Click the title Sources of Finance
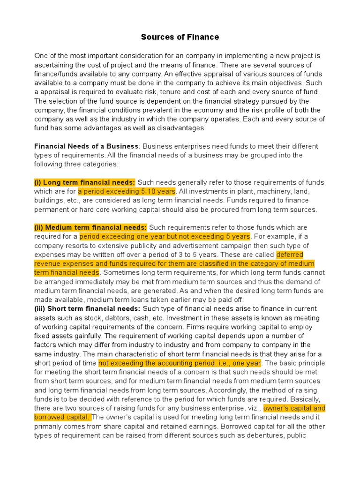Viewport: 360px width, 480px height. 180,37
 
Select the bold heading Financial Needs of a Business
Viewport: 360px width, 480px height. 86,146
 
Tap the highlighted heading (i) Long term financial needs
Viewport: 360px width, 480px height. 85,182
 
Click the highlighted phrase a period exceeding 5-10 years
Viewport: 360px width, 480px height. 127,191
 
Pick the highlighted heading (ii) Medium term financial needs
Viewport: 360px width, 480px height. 90,227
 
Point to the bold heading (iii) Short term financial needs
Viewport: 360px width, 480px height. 87,309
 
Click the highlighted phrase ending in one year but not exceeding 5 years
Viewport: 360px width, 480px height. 165,236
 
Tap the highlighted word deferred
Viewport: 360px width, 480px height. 290,255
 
